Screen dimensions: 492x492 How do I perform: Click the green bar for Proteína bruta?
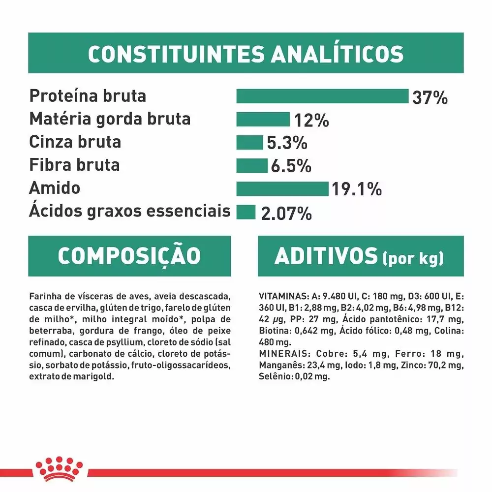322,96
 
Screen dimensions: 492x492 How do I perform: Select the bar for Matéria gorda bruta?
263,120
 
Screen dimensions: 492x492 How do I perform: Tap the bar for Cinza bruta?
249,143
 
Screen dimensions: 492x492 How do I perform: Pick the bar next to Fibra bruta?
251,165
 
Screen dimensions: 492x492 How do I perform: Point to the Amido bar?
282,188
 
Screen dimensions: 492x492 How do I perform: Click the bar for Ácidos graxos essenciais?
246,212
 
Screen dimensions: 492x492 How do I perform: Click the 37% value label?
430,97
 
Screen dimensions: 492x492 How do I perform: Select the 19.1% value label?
356,189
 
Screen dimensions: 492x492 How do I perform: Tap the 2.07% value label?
287,214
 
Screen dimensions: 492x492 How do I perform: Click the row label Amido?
55,188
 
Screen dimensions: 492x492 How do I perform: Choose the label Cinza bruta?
75,142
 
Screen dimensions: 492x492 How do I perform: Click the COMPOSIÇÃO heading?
129,256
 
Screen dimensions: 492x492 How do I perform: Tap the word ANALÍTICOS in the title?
337,54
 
